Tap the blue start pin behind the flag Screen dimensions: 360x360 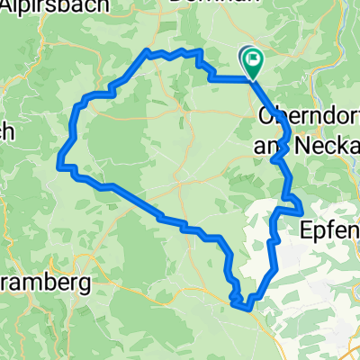[246, 58]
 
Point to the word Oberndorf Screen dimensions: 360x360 [308, 116]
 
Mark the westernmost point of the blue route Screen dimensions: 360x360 [59, 165]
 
